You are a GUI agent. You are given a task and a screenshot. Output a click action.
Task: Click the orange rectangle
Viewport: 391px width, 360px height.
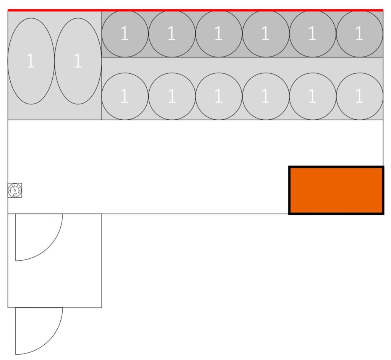(336, 190)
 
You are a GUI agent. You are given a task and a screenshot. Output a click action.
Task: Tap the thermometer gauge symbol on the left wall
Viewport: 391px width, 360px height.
(15, 190)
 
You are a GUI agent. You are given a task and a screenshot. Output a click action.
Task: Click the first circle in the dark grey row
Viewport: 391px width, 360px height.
(125, 34)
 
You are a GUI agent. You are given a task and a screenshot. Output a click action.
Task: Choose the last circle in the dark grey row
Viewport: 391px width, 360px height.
(359, 34)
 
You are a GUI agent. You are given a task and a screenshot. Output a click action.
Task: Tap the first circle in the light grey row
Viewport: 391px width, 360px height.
(125, 96)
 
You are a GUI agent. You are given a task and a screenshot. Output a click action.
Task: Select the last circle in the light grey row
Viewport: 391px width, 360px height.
(359, 96)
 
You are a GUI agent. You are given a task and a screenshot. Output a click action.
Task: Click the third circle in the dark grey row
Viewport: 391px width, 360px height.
(218, 34)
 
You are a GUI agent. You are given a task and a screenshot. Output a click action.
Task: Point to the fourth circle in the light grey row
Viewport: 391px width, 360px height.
(265, 96)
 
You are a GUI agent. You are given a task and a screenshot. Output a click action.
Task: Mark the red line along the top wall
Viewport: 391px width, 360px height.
(195, 10)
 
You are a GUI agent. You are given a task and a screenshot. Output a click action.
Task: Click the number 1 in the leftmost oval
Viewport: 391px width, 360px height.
(31, 62)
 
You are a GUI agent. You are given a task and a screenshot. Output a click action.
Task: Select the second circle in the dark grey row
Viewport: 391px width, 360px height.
(172, 34)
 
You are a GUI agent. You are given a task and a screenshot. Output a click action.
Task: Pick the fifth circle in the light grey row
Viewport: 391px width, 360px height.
(312, 96)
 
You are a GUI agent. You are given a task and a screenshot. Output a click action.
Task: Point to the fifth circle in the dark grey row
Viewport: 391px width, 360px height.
(312, 34)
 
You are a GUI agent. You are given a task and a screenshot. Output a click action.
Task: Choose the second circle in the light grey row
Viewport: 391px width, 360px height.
(172, 96)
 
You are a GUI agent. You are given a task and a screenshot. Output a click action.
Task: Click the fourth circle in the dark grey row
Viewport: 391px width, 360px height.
(265, 34)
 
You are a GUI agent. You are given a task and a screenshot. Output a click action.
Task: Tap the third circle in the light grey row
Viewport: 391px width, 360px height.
(218, 96)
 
